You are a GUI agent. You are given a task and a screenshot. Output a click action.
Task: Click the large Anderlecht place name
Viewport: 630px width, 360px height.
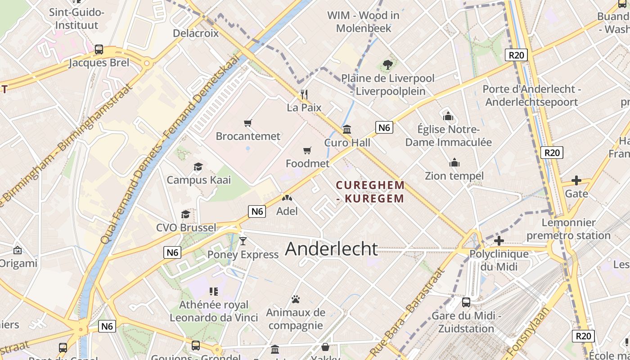tap(332, 249)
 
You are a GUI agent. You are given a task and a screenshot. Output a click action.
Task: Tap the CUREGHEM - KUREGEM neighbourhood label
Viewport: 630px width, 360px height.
tap(370, 192)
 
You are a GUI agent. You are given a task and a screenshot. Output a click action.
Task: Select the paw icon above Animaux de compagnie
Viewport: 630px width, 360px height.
tap(296, 299)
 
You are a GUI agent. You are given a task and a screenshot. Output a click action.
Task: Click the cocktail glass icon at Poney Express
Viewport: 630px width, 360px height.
tap(243, 241)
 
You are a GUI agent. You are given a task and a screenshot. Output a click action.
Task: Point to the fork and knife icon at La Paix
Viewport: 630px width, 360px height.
tap(304, 94)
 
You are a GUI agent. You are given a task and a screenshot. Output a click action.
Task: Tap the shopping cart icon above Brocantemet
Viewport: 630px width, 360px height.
tap(247, 123)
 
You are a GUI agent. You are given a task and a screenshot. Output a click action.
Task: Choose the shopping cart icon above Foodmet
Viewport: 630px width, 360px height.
tap(307, 150)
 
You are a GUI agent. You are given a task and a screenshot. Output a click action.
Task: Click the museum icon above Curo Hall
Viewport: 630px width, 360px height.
tap(347, 130)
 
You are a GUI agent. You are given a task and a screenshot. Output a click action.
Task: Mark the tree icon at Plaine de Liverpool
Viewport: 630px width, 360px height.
tap(387, 65)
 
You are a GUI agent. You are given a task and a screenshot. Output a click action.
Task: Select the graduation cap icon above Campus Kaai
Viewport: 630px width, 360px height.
tap(198, 167)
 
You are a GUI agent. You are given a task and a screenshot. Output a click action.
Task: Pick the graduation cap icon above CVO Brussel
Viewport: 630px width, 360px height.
tap(185, 214)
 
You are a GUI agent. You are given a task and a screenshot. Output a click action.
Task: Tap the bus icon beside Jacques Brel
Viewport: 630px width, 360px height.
tap(99, 49)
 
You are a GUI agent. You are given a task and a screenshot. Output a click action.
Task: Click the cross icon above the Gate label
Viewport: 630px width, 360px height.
tap(576, 180)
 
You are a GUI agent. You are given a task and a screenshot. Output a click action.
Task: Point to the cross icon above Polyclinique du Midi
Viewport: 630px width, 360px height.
tap(499, 241)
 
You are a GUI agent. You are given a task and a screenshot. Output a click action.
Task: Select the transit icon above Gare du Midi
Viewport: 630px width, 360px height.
tap(466, 302)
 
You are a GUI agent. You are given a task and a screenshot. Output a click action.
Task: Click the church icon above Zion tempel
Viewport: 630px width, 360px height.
tap(454, 162)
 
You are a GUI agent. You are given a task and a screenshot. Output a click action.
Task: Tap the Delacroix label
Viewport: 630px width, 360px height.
tap(196, 33)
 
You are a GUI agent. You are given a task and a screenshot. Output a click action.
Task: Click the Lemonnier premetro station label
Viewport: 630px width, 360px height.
tap(568, 229)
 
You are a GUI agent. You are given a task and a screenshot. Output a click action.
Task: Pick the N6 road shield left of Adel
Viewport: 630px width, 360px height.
tap(256, 211)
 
